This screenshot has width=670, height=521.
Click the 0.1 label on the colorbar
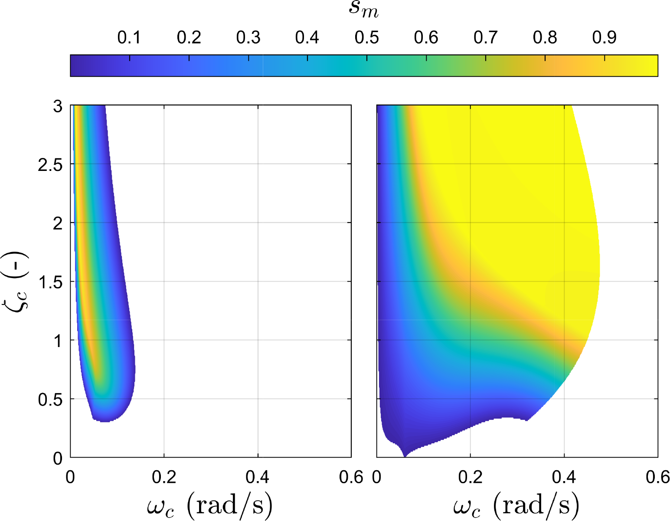(x=129, y=38)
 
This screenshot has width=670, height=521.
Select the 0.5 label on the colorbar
(x=366, y=38)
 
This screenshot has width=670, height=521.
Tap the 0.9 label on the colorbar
(x=604, y=38)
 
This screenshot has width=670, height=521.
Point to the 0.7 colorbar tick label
(x=485, y=38)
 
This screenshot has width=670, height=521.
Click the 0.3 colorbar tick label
(x=248, y=38)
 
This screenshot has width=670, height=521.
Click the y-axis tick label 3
(x=58, y=107)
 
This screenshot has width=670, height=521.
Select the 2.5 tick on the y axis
(x=50, y=165)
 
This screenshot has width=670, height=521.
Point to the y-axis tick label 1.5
(x=50, y=283)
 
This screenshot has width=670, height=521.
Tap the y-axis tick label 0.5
(x=50, y=400)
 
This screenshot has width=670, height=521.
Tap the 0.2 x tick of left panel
(x=164, y=477)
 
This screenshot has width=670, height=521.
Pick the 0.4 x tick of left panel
(x=258, y=477)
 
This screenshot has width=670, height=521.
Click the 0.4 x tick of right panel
(x=564, y=477)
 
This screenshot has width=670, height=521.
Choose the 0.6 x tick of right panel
(x=658, y=477)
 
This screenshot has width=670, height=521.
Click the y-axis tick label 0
(x=58, y=459)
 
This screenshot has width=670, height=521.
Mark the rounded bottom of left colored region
(x=105, y=421)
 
